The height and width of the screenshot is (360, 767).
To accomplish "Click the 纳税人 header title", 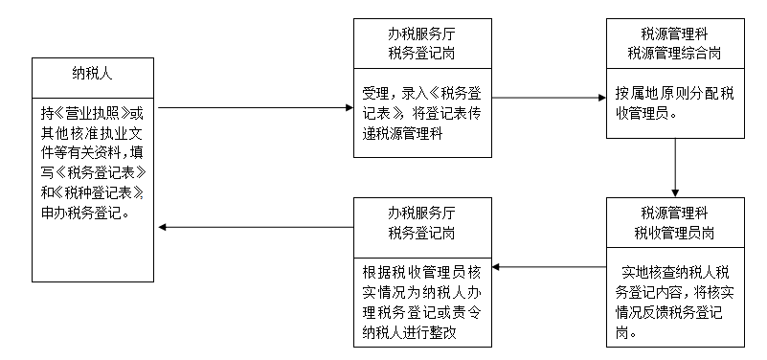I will pos(94,72).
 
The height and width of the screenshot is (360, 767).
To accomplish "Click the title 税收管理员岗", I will pos(673,232).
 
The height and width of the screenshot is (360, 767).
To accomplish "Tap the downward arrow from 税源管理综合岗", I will pos(676,167).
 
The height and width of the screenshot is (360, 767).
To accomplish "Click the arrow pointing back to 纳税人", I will pos(256,227).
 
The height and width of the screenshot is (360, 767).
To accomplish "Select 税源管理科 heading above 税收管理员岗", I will pos(673,214).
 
